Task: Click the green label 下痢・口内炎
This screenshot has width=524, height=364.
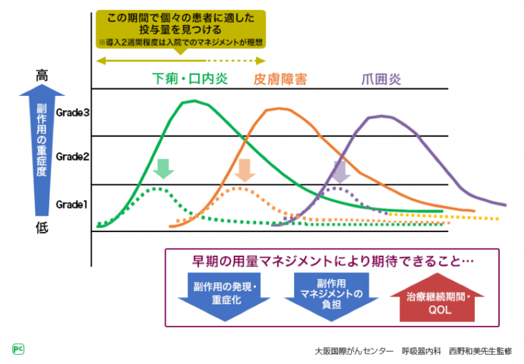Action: [189, 79]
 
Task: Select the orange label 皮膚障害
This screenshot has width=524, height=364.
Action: [280, 79]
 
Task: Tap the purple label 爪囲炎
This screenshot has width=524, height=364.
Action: [381, 79]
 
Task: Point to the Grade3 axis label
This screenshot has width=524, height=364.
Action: [73, 112]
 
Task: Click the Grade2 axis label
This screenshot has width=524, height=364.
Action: [73, 157]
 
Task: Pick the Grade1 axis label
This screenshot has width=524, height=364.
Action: [73, 205]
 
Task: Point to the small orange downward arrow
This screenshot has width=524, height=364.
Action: [244, 170]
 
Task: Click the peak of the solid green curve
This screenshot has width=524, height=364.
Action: [192, 101]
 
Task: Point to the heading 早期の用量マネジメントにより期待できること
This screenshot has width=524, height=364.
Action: [330, 261]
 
